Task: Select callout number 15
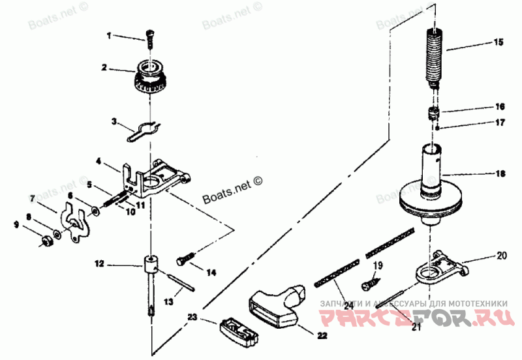tap(498, 42)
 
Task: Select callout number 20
tap(501, 255)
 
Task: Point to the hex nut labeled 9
tap(45, 242)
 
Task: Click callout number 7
tap(32, 197)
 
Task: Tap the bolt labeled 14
tap(185, 259)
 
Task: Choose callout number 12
tap(99, 265)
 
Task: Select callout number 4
tap(99, 161)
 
